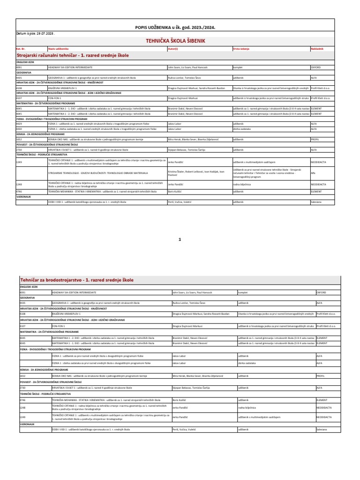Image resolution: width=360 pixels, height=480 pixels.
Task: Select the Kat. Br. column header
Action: click(x=21, y=48)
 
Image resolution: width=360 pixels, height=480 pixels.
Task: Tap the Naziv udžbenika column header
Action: click(x=58, y=48)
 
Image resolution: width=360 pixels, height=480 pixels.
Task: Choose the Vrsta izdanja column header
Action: click(x=242, y=48)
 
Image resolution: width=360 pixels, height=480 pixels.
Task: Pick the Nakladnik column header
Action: click(x=317, y=48)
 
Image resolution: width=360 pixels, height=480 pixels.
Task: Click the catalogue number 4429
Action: click(x=19, y=124)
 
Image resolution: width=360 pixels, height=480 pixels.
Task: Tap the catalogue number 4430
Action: click(x=19, y=128)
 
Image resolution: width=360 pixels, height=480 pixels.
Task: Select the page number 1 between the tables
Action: click(x=180, y=240)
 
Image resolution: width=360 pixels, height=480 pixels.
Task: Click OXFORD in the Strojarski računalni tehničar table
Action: click(x=315, y=67)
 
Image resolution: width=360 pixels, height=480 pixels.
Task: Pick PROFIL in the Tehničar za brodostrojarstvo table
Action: click(x=321, y=376)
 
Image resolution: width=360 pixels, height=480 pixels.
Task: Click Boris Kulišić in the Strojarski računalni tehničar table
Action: click(x=175, y=191)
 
